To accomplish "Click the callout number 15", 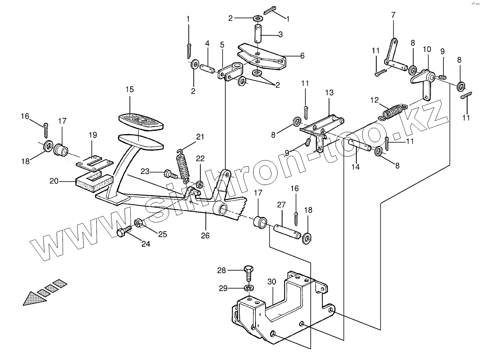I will pos(129,89).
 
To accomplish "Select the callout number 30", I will pos(271,282).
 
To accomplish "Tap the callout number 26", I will pos(205,235).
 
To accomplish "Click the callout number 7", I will pos(393,16).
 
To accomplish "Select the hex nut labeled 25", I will pos(139,223).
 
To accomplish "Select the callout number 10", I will pos(427,49).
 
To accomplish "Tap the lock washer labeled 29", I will pos(248,288).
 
